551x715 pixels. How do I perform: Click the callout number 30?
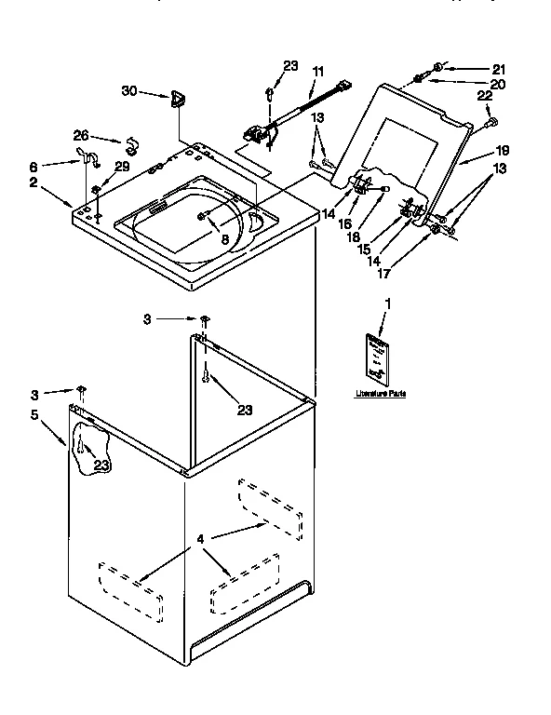coord(129,90)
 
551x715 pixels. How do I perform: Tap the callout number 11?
coord(318,71)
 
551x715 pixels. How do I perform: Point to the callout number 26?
coord(81,134)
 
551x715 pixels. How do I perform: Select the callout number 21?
coord(499,69)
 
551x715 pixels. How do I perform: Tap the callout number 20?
coord(499,84)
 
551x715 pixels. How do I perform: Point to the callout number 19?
coord(503,150)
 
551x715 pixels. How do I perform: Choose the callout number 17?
coord(383,275)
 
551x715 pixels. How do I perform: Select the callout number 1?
coord(388,304)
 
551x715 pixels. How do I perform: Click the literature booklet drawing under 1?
coord(377,358)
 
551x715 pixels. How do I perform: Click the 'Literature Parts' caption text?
coord(379,395)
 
